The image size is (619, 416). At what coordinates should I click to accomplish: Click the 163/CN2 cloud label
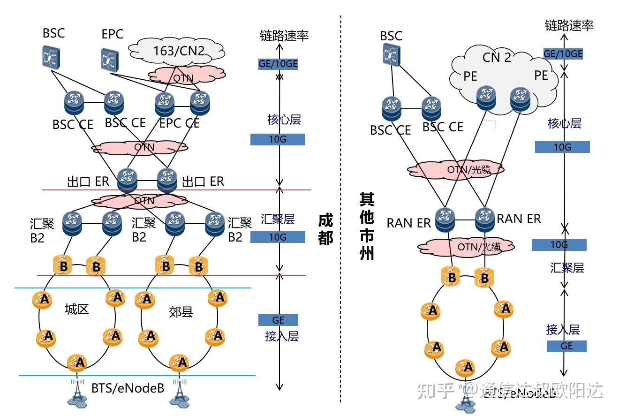click(179, 51)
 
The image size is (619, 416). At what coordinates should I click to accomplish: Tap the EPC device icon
click(110, 57)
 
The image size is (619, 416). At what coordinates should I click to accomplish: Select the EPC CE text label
click(179, 123)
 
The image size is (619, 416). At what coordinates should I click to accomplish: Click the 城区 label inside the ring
click(77, 309)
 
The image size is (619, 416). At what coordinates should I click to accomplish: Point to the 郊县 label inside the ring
click(181, 312)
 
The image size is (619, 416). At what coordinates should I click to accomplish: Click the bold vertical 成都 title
click(325, 229)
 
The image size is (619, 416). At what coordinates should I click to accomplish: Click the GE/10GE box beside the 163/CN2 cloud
click(278, 64)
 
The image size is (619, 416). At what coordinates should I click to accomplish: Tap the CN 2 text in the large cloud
click(497, 57)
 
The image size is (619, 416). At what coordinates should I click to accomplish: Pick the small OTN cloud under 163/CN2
click(187, 74)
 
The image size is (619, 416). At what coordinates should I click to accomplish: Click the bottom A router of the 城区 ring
click(78, 362)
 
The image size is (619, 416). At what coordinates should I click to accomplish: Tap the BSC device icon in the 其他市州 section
click(391, 54)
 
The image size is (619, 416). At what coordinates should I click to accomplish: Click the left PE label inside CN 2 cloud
click(470, 76)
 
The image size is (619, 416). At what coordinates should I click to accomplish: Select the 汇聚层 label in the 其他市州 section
click(567, 268)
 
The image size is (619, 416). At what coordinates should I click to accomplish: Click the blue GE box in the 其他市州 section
click(566, 346)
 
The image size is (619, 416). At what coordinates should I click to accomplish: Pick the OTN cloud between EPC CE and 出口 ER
click(140, 147)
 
